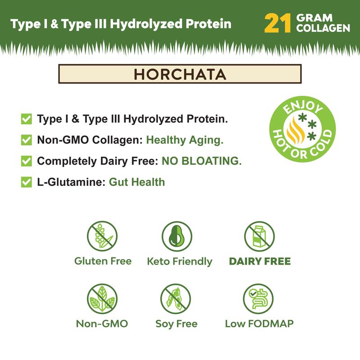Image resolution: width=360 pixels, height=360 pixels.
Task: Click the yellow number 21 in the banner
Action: pyautogui.click(x=278, y=23)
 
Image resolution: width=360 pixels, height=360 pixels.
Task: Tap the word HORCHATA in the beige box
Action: pyautogui.click(x=180, y=74)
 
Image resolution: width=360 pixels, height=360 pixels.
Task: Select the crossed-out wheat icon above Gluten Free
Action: pyautogui.click(x=102, y=236)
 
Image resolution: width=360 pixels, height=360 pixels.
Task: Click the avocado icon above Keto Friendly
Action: pyautogui.click(x=177, y=236)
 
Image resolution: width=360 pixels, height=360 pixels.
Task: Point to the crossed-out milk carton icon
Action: pyautogui.click(x=259, y=236)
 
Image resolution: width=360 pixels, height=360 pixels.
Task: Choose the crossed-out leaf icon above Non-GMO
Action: pyautogui.click(x=102, y=299)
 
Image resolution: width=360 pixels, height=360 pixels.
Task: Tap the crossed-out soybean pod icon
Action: pyautogui.click(x=175, y=299)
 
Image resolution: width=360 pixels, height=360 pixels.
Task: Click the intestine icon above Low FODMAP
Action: pyautogui.click(x=258, y=299)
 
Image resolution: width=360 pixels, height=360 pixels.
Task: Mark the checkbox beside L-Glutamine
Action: pyautogui.click(x=27, y=182)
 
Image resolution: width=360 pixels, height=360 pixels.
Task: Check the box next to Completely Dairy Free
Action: pyautogui.click(x=27, y=161)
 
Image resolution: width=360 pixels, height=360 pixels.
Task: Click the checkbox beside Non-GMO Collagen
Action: pyautogui.click(x=27, y=140)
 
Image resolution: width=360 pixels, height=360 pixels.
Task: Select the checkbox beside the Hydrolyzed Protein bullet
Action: pyautogui.click(x=27, y=119)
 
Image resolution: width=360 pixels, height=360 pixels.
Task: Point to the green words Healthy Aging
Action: pyautogui.click(x=185, y=140)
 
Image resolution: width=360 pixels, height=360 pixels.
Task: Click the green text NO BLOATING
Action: pyautogui.click(x=202, y=161)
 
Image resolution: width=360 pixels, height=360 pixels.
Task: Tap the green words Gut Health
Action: pyautogui.click(x=137, y=182)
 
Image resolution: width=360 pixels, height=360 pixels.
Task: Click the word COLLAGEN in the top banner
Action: pyautogui.click(x=323, y=28)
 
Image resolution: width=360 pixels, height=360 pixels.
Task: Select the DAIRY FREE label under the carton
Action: pyautogui.click(x=260, y=261)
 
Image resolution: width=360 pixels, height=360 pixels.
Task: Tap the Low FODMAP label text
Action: pyautogui.click(x=259, y=324)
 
